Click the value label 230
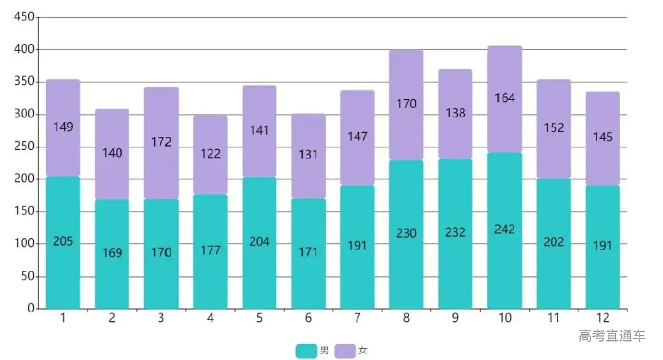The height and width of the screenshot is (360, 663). point(406,233)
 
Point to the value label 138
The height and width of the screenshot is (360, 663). point(455,113)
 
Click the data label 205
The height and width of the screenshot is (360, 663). point(63,241)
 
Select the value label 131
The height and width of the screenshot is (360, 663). point(308,154)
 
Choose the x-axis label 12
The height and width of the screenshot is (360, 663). point(602,318)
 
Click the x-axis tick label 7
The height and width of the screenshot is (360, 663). point(357,318)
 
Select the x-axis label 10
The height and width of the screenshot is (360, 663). point(505,318)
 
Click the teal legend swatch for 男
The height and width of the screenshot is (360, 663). point(306,351)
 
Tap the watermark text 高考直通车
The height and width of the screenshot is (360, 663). point(612,336)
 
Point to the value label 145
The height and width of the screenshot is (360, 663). point(602,136)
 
